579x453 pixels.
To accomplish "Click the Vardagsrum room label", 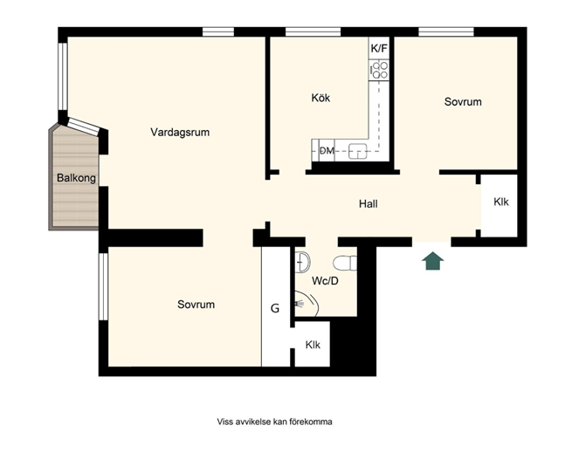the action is click(180, 132).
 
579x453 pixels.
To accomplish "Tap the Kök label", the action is click(321, 98).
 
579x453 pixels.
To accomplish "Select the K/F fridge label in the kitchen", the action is click(379, 48).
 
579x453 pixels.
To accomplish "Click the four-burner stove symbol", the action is click(379, 71).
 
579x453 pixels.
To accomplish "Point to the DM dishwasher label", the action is click(327, 151).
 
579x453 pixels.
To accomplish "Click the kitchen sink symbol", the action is click(358, 151).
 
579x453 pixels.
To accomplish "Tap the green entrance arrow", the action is click(433, 261).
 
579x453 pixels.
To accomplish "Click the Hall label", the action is click(369, 203).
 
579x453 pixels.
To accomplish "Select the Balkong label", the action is click(76, 178).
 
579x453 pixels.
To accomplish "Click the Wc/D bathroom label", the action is click(325, 281).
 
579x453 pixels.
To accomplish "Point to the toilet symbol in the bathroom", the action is click(345, 264).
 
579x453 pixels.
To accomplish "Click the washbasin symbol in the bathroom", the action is click(302, 262).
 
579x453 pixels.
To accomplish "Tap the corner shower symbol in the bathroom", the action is click(306, 303).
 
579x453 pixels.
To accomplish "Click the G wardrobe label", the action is click(275, 308).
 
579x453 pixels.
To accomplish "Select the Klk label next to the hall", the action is click(501, 202).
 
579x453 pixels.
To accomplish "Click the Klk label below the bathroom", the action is click(313, 345).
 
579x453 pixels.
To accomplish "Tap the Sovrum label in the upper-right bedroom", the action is click(463, 102).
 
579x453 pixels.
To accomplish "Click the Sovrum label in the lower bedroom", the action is click(196, 305).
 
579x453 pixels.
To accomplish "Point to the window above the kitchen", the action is click(314, 31).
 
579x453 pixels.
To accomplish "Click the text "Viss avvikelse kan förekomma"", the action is click(274, 422).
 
